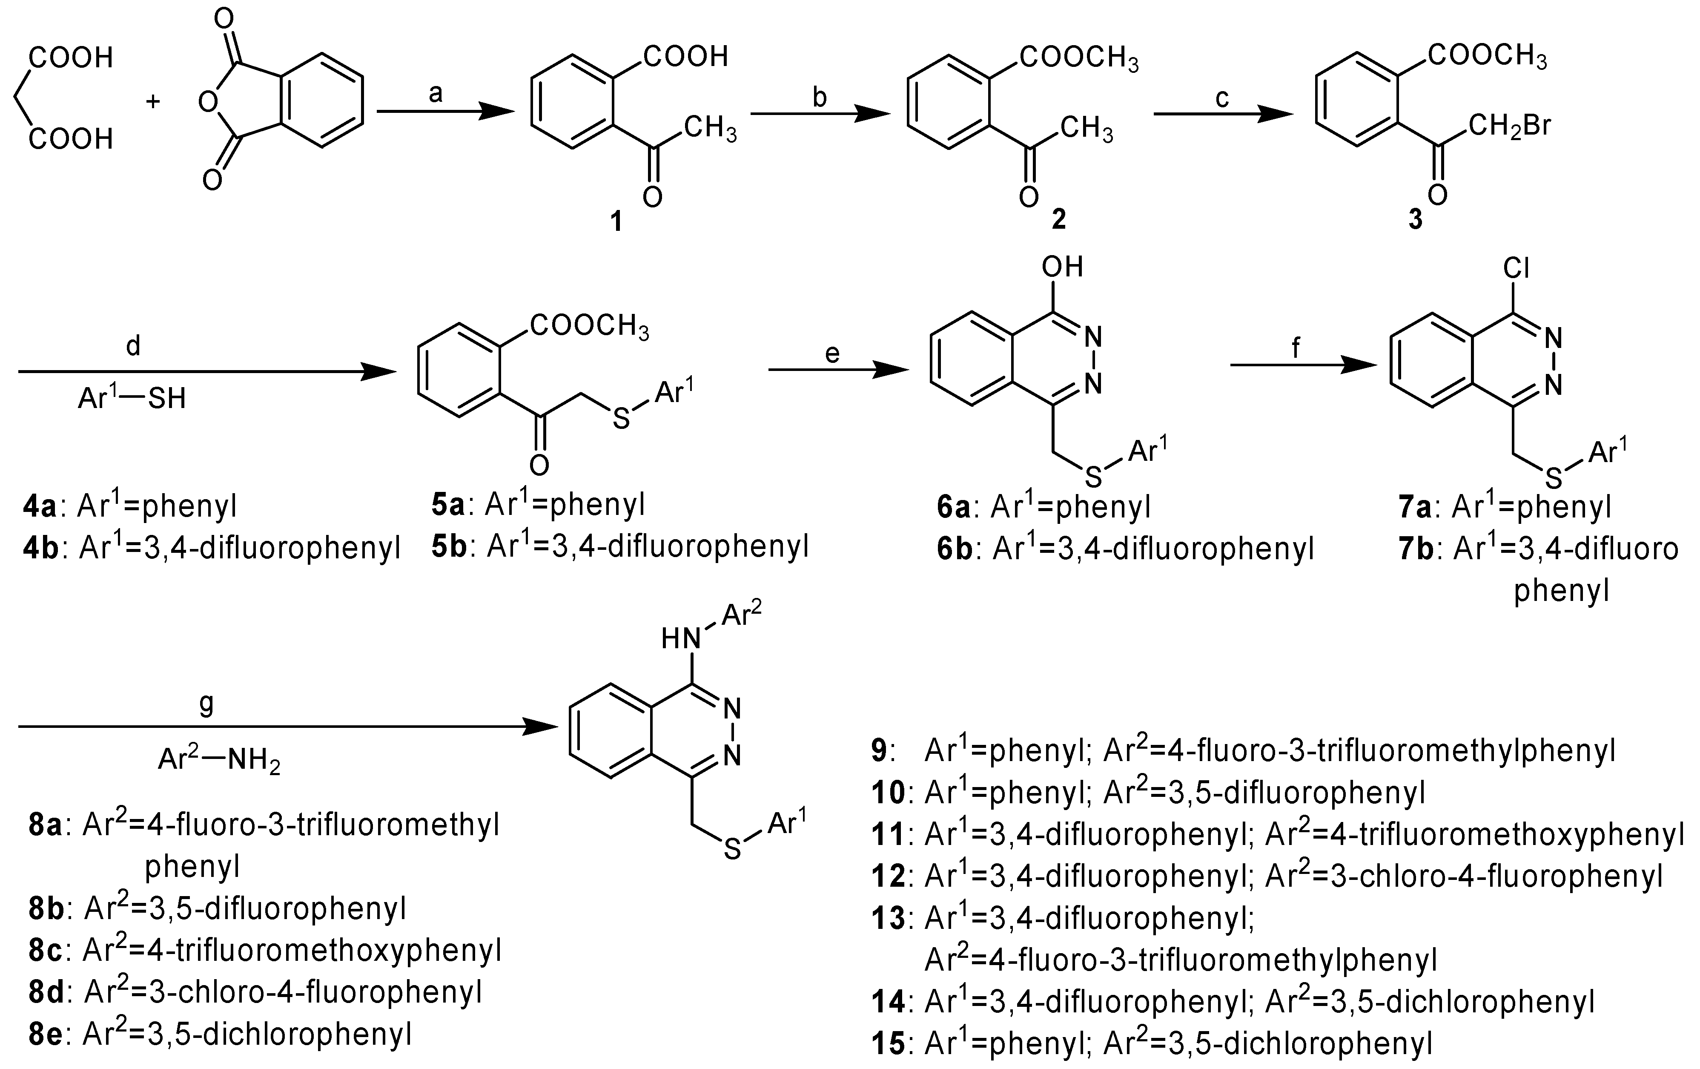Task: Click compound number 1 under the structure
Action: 616,222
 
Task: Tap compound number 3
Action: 1416,220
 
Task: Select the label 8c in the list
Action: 46,950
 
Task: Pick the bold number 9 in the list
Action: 879,751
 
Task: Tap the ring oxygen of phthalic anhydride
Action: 207,103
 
